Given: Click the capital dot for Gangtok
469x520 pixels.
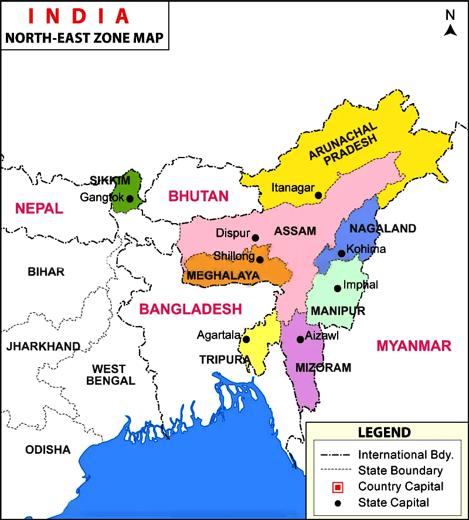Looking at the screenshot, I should point(130,199).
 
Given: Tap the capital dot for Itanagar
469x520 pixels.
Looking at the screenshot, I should point(318,196).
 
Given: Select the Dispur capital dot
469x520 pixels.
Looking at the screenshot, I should point(255,238).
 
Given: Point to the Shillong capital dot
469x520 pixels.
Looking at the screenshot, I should point(260,259).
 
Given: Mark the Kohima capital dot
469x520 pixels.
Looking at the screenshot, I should point(341,254).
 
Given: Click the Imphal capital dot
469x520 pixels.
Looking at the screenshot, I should point(337,288).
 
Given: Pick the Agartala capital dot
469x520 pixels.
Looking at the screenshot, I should point(246,340).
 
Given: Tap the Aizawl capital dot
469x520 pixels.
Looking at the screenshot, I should point(300,339).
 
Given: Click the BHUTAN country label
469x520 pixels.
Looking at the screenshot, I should point(198,196).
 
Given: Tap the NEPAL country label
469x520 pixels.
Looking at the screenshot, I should point(39,208).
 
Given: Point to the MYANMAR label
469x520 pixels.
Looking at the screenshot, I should point(414,345).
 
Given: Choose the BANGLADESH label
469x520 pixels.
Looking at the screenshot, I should point(190,309).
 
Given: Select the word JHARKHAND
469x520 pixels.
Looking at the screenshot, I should point(43,347).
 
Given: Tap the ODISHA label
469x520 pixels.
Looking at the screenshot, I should point(47,450).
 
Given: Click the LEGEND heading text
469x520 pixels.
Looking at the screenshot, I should point(385,433).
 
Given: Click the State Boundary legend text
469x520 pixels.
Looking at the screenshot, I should point(400,470).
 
